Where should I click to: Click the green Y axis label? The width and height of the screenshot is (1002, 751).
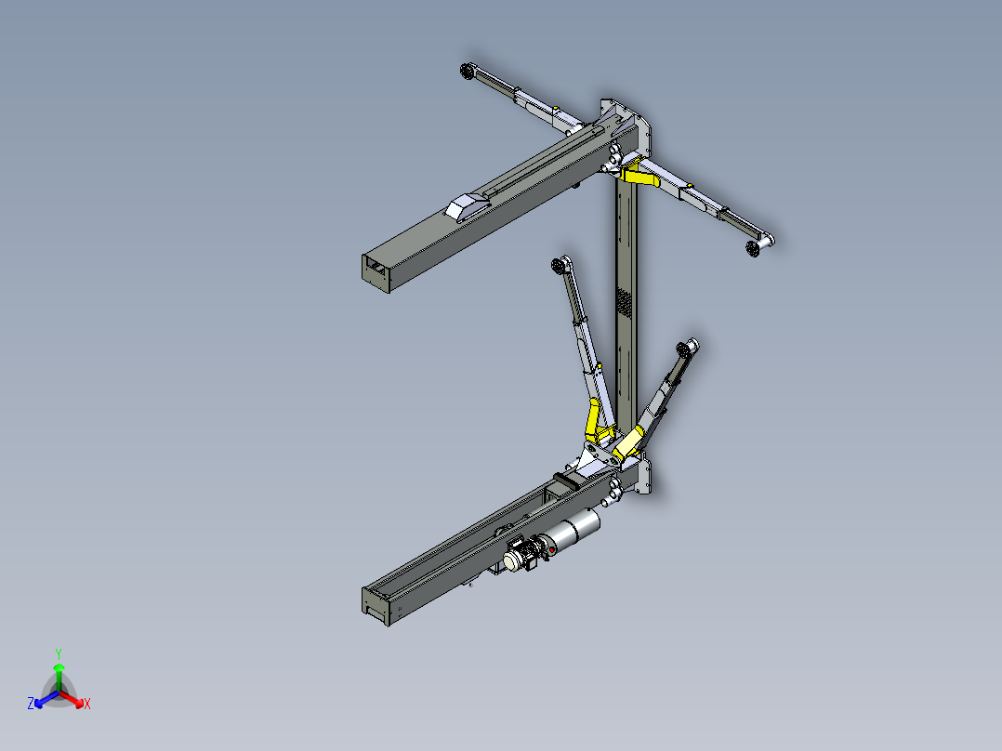[59, 653]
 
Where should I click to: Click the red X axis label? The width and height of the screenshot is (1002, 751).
[87, 704]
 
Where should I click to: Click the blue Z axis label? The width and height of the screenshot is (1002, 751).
[31, 703]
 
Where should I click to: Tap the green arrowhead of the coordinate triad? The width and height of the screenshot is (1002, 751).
[59, 667]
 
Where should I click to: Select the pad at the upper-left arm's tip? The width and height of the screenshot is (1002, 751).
[468, 71]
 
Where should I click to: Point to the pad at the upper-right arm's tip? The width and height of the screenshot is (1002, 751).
[754, 248]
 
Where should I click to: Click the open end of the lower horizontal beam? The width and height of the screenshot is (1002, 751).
[376, 606]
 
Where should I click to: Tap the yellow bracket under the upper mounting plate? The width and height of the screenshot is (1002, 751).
[639, 174]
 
